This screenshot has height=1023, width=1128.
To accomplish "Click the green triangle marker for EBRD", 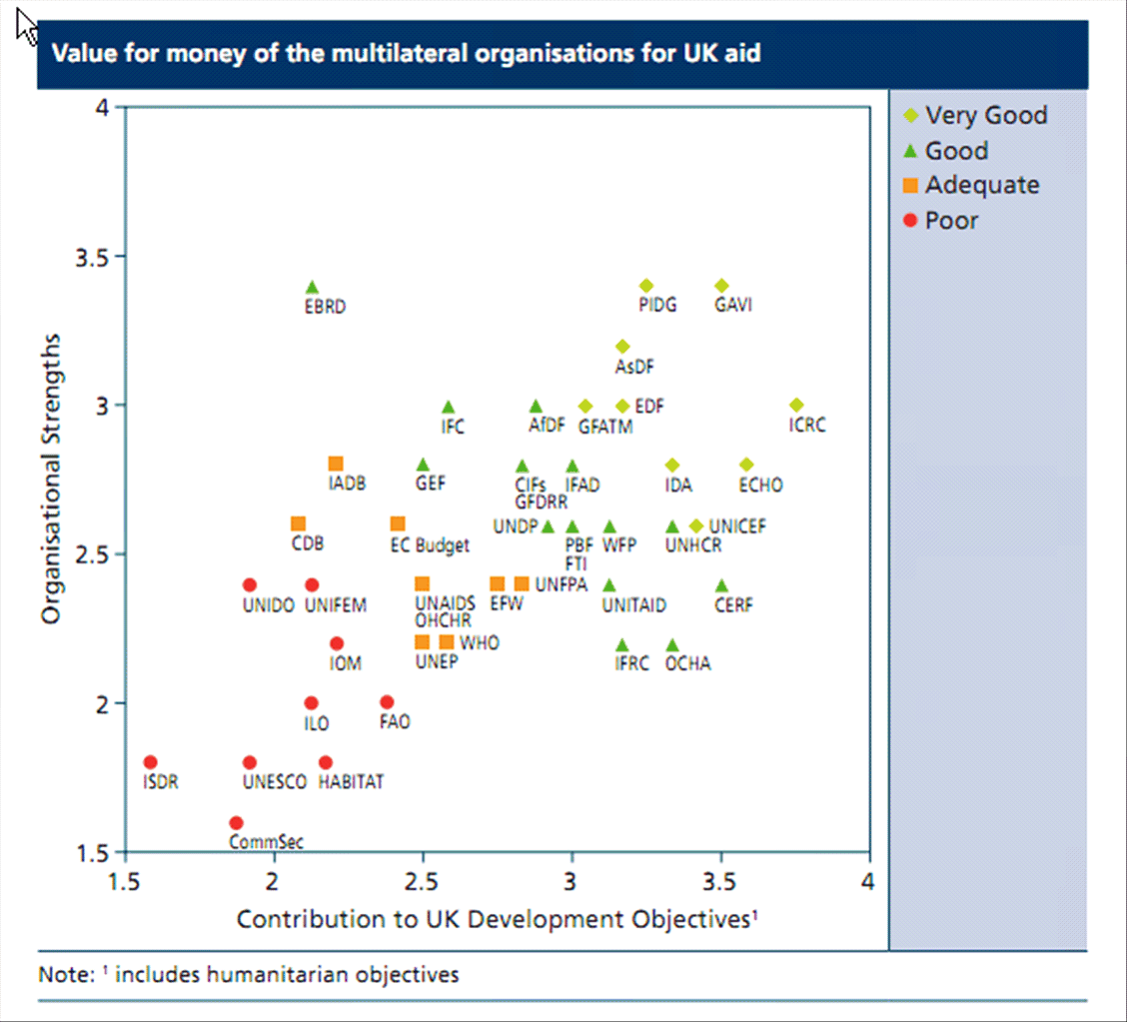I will (312, 288).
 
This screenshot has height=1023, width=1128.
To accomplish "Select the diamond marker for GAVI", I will (721, 286).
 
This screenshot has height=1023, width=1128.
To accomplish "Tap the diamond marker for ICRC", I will (796, 405).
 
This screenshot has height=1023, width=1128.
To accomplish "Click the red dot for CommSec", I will (236, 823).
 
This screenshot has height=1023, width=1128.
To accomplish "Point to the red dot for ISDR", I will (151, 762).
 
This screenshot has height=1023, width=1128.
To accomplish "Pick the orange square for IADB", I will (336, 464).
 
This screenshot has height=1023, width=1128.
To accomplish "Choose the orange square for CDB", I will (298, 523).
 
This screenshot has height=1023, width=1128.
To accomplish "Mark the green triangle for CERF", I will (721, 585).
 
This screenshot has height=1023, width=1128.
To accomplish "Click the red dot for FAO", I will (387, 702).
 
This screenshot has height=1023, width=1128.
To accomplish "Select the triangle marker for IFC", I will (449, 407).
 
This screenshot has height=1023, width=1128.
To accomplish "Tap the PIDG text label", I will (657, 306).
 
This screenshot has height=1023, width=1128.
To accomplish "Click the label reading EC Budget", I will (430, 545).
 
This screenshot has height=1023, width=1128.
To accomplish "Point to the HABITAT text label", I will (351, 782).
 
